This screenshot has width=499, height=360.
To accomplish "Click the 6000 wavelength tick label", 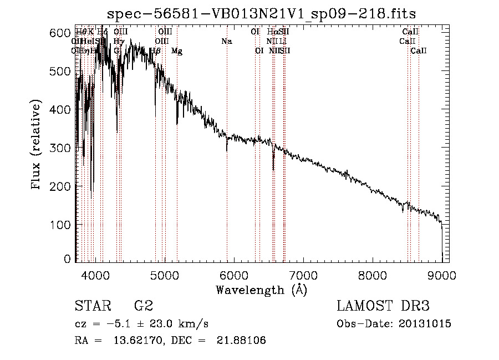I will (x=233, y=274).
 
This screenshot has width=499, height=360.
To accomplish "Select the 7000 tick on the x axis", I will (x=303, y=274).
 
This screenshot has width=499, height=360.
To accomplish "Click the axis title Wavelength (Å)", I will (x=261, y=290).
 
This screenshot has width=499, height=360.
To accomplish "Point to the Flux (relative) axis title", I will (x=37, y=145).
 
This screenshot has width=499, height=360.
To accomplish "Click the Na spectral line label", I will (x=226, y=41).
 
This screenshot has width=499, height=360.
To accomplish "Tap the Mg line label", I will (x=177, y=51).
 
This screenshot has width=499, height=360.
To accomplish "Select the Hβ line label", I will (x=156, y=51).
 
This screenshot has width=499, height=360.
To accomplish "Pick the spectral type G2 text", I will (x=143, y=306).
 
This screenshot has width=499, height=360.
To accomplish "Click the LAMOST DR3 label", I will (x=383, y=306).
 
